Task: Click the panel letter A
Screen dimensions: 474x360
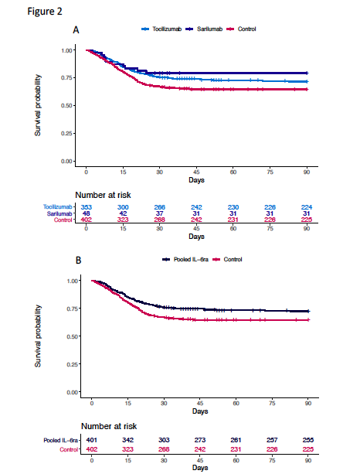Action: (76, 30)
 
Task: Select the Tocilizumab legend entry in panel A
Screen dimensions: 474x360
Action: (163, 29)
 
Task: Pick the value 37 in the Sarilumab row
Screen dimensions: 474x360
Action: (158, 214)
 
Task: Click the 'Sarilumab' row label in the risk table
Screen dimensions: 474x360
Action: (62, 214)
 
